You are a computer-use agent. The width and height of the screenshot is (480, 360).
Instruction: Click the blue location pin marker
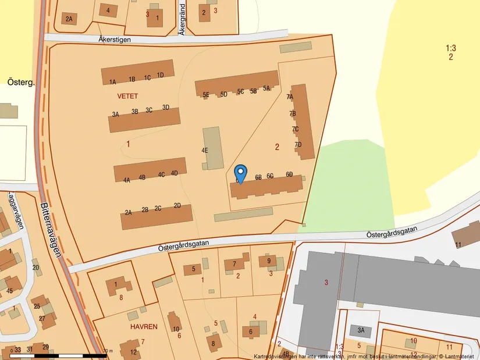click(241, 173)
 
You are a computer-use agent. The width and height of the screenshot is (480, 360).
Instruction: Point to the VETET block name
click(127, 95)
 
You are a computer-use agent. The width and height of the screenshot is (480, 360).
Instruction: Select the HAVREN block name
click(144, 327)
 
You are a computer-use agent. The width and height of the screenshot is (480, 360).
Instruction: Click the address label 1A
click(113, 82)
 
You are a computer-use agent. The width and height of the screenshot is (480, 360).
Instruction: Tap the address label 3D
click(166, 107)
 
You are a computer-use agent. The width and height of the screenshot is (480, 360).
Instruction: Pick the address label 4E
click(205, 150)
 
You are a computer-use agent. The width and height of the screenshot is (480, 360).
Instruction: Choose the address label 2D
click(177, 205)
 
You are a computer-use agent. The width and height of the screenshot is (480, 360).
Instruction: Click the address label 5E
click(206, 95)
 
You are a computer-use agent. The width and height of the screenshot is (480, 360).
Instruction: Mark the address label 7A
click(290, 97)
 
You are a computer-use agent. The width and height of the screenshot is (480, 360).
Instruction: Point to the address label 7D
click(298, 145)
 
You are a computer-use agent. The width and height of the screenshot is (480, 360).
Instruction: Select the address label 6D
click(289, 174)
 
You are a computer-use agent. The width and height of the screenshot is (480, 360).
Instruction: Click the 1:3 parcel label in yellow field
click(450, 48)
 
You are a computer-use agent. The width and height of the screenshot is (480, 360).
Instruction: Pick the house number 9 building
click(269, 261)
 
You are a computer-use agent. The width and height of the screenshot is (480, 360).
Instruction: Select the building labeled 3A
click(361, 330)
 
